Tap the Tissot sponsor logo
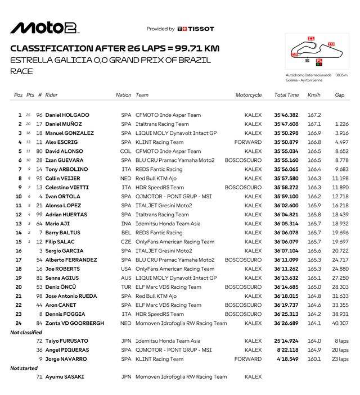[x=195, y=29]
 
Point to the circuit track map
[x=310, y=52]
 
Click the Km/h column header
[x=314, y=95]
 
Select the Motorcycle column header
[x=249, y=95]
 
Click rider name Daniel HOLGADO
[x=67, y=115]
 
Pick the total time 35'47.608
[x=286, y=124]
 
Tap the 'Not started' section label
[x=24, y=368]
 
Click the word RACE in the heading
[x=22, y=71]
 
